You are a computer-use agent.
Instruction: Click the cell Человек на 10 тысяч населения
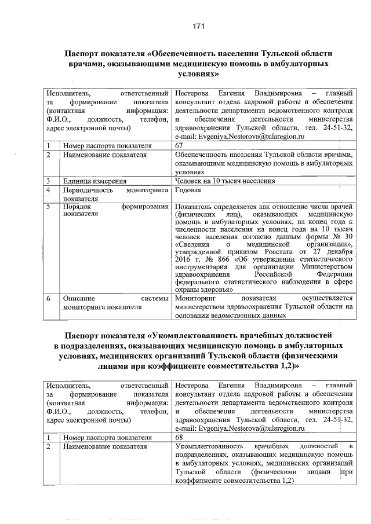(x=224, y=181)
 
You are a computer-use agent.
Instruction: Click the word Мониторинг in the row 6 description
(x=194, y=298)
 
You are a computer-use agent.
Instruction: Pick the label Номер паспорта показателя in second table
(x=107, y=437)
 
